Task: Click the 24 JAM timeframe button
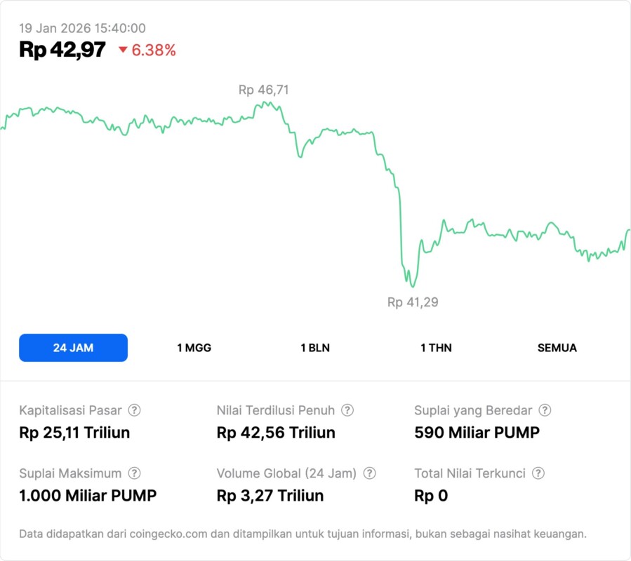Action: [73, 348]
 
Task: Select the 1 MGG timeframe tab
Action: [194, 348]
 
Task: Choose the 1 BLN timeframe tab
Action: [315, 348]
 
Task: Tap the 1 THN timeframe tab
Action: [436, 348]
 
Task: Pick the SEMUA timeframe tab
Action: [557, 348]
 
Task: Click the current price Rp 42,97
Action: [62, 50]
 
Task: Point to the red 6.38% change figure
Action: [154, 50]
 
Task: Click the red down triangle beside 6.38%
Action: [123, 50]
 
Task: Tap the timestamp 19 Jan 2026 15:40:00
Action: [82, 28]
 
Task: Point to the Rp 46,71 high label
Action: [263, 90]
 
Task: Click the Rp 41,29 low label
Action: [413, 302]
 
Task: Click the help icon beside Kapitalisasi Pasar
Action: [134, 410]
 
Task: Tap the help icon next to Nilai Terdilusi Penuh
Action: [347, 410]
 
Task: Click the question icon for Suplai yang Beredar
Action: [544, 410]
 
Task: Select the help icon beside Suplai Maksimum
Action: [134, 473]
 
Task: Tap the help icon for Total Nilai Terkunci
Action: [538, 473]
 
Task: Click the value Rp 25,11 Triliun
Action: [74, 433]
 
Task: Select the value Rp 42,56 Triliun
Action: [276, 433]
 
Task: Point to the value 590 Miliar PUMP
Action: [477, 433]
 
